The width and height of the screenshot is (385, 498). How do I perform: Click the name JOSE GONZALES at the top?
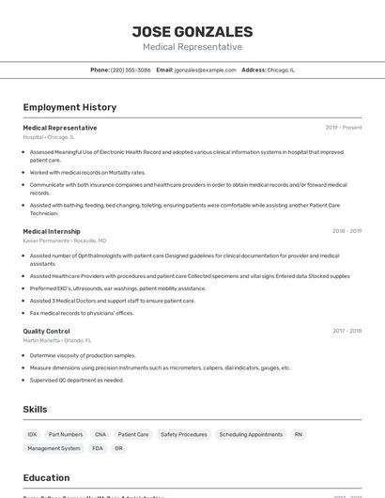[192, 31]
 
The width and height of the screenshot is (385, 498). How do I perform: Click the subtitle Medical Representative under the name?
[192, 47]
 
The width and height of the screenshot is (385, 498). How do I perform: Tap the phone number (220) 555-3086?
[131, 70]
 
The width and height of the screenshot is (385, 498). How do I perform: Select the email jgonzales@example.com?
[205, 70]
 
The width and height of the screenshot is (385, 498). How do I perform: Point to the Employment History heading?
[69, 107]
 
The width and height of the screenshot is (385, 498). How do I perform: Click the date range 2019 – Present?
[343, 128]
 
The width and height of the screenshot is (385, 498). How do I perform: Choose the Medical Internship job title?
[52, 231]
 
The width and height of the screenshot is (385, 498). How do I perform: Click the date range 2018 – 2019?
[346, 231]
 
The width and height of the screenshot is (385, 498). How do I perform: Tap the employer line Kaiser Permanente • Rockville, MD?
[65, 241]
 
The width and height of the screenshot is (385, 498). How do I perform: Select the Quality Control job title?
[46, 331]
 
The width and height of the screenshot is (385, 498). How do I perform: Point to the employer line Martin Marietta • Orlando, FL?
[57, 340]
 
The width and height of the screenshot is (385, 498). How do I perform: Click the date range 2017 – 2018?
[346, 331]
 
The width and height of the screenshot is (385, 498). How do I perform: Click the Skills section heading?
[35, 410]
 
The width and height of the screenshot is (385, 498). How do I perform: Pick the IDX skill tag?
[32, 435]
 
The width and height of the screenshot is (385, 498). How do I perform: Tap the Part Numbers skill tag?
[66, 435]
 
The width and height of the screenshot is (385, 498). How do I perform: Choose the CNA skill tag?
[100, 435]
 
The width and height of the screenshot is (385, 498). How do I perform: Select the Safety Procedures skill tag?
[183, 435]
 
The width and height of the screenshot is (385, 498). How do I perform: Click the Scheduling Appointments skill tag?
[251, 435]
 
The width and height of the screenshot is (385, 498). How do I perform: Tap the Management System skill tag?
[54, 449]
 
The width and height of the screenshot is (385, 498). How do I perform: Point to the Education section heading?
[46, 477]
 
